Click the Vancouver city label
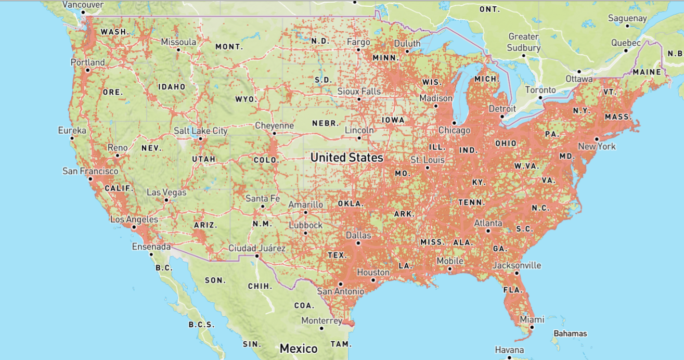tap(83, 5)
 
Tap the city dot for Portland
tap(88, 70)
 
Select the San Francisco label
tap(90, 171)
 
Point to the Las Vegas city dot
tap(166, 200)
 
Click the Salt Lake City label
tap(200, 131)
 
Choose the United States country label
tap(346, 157)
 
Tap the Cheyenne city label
tap(274, 126)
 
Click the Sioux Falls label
tap(359, 92)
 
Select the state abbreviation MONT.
tap(229, 47)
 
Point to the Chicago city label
tap(454, 130)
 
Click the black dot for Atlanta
tap(488, 230)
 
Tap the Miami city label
tap(532, 319)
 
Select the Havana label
tap(509, 350)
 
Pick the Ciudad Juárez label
tap(257, 249)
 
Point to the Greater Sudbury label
tap(524, 42)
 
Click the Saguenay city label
tap(627, 18)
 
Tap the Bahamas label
tap(570, 333)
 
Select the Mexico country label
tap(299, 348)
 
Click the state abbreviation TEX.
tap(337, 255)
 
